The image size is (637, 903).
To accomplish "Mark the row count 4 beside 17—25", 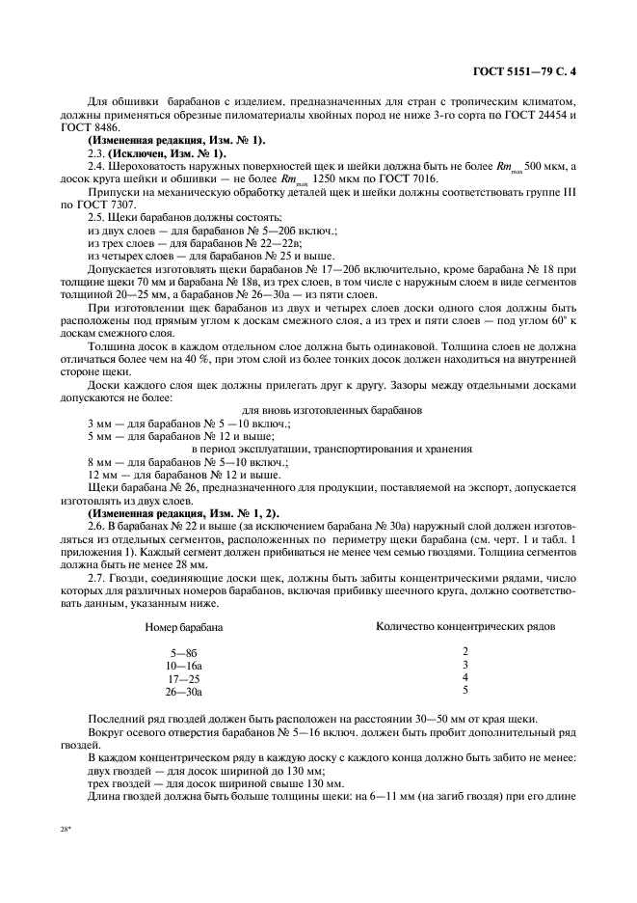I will (464, 678).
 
